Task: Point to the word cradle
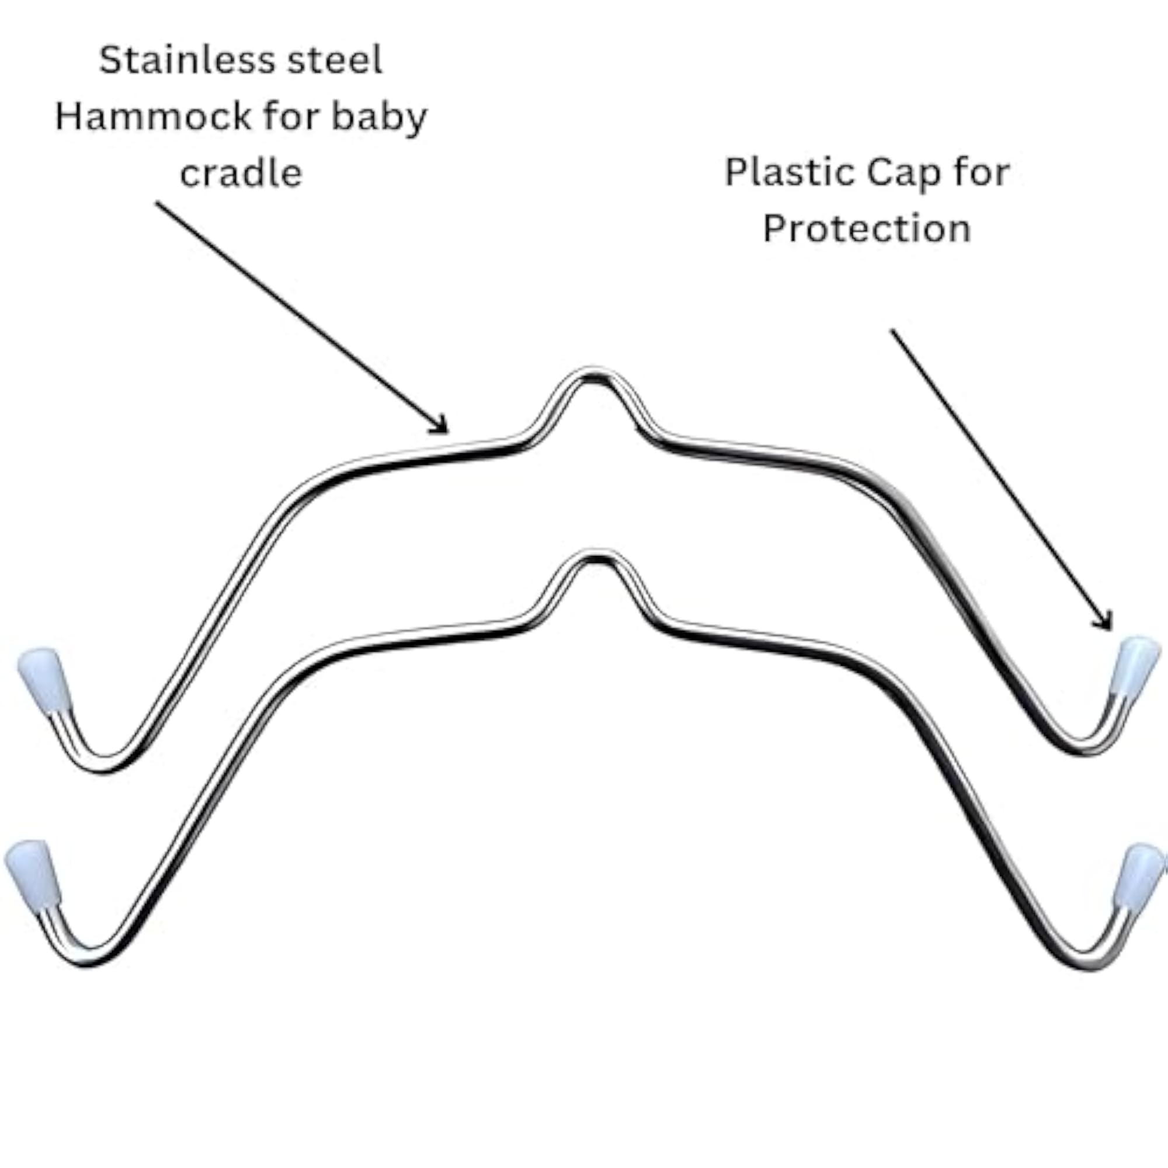pyautogui.click(x=241, y=173)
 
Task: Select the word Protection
pyautogui.click(x=867, y=229)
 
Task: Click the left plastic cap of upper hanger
pyautogui.click(x=45, y=681)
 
